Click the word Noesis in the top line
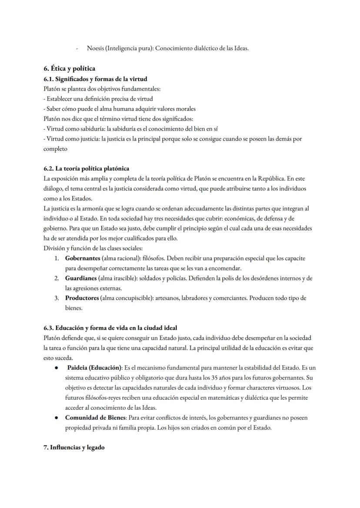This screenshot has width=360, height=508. tap(96, 48)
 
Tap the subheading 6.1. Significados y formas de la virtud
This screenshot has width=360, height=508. tap(95, 79)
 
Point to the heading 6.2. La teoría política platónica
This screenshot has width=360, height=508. tap(86, 168)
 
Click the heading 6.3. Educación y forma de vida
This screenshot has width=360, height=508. tap(110, 327)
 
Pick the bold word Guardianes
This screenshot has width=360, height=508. tap(81, 278)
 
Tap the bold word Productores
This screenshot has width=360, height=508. tap(82, 298)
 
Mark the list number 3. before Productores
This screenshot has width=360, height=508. tap(57, 298)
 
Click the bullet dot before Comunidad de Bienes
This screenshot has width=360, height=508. tap(57, 418)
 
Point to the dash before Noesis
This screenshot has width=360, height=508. tap(77, 49)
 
